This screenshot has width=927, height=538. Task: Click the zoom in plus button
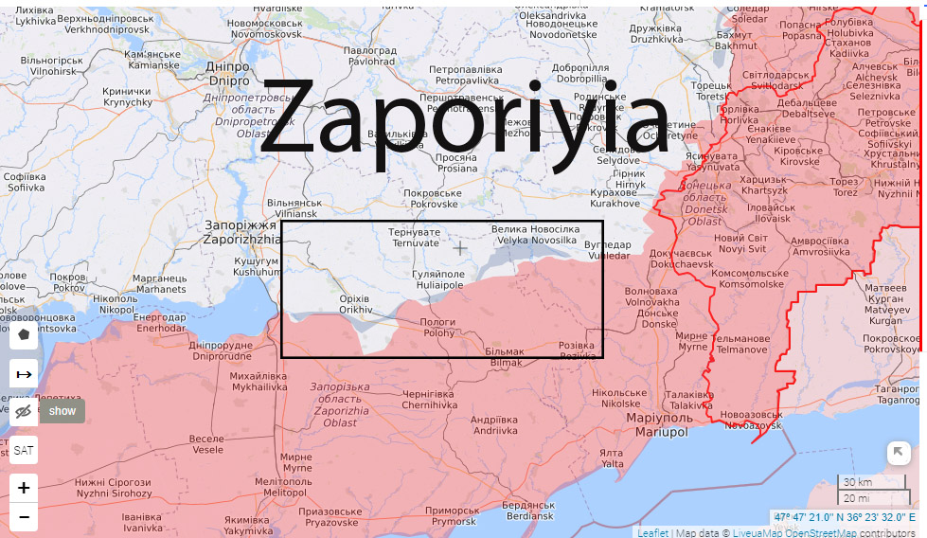point(24,489)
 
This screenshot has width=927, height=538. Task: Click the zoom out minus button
point(24,517)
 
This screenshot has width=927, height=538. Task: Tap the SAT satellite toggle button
point(24,450)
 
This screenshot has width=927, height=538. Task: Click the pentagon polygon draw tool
point(24,333)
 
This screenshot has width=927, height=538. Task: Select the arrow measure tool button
point(24,373)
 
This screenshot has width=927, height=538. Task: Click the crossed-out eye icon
point(24,411)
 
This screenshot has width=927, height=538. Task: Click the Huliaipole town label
point(437,278)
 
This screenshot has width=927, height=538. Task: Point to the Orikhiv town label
point(356,304)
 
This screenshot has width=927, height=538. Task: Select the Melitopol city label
point(284,487)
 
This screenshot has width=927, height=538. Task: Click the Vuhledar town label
point(607,250)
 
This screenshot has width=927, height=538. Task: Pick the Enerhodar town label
point(160,322)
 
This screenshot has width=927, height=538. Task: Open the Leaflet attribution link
point(651,532)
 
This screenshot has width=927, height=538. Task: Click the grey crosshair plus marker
point(460,248)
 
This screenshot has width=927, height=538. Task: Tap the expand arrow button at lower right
point(898,453)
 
